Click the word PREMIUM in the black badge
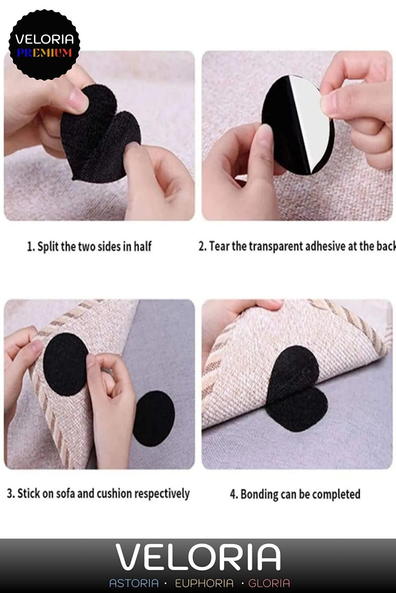(44, 52)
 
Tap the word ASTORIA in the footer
(134, 583)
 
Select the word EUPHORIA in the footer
(204, 583)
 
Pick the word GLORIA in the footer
(269, 583)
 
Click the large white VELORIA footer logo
(198, 557)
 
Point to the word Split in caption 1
(48, 247)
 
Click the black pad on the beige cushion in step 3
(65, 364)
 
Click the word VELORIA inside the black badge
(45, 39)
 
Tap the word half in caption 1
(142, 246)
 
